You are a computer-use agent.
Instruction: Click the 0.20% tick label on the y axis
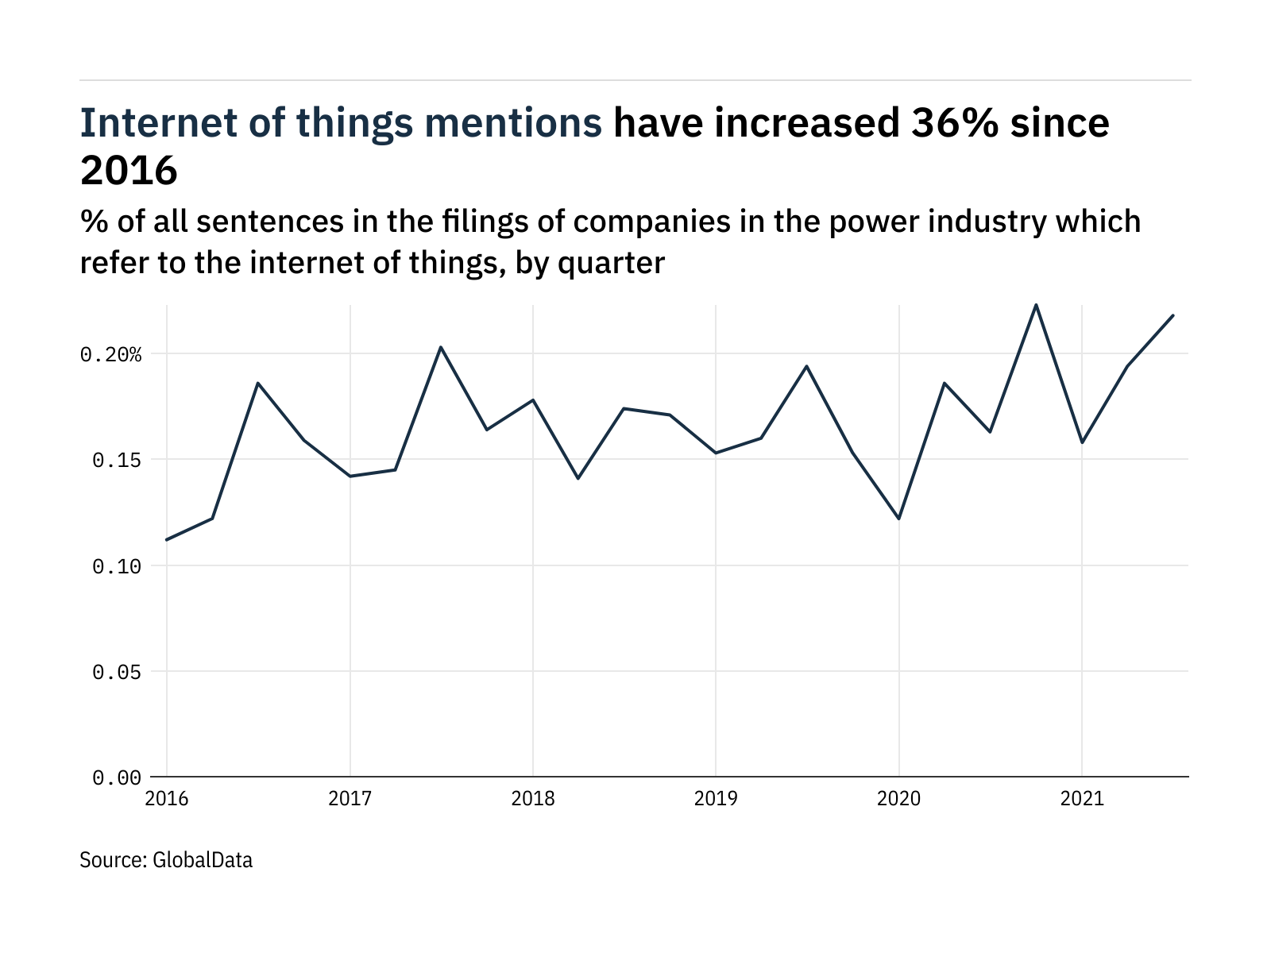coord(110,354)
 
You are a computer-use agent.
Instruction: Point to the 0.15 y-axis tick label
coord(117,460)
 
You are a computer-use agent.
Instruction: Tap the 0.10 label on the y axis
coord(117,566)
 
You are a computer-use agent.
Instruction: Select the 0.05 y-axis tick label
coord(117,672)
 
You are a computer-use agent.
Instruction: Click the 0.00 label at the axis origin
coord(117,777)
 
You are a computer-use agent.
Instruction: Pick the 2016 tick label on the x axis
coord(167,799)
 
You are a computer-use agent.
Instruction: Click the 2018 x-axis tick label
coord(532,799)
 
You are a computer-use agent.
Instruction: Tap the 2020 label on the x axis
coord(898,799)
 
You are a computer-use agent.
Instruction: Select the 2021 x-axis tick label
coord(1082,799)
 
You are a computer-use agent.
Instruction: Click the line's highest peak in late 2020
coord(1036,305)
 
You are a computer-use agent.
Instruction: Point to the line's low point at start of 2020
coord(898,519)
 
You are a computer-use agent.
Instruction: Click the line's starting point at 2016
coord(167,540)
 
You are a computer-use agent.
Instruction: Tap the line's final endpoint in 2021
coord(1173,315)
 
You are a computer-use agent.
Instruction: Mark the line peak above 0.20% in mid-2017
coord(441,347)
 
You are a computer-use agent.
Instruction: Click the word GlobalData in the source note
coord(202,860)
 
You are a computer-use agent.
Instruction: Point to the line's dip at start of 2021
coord(1082,442)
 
